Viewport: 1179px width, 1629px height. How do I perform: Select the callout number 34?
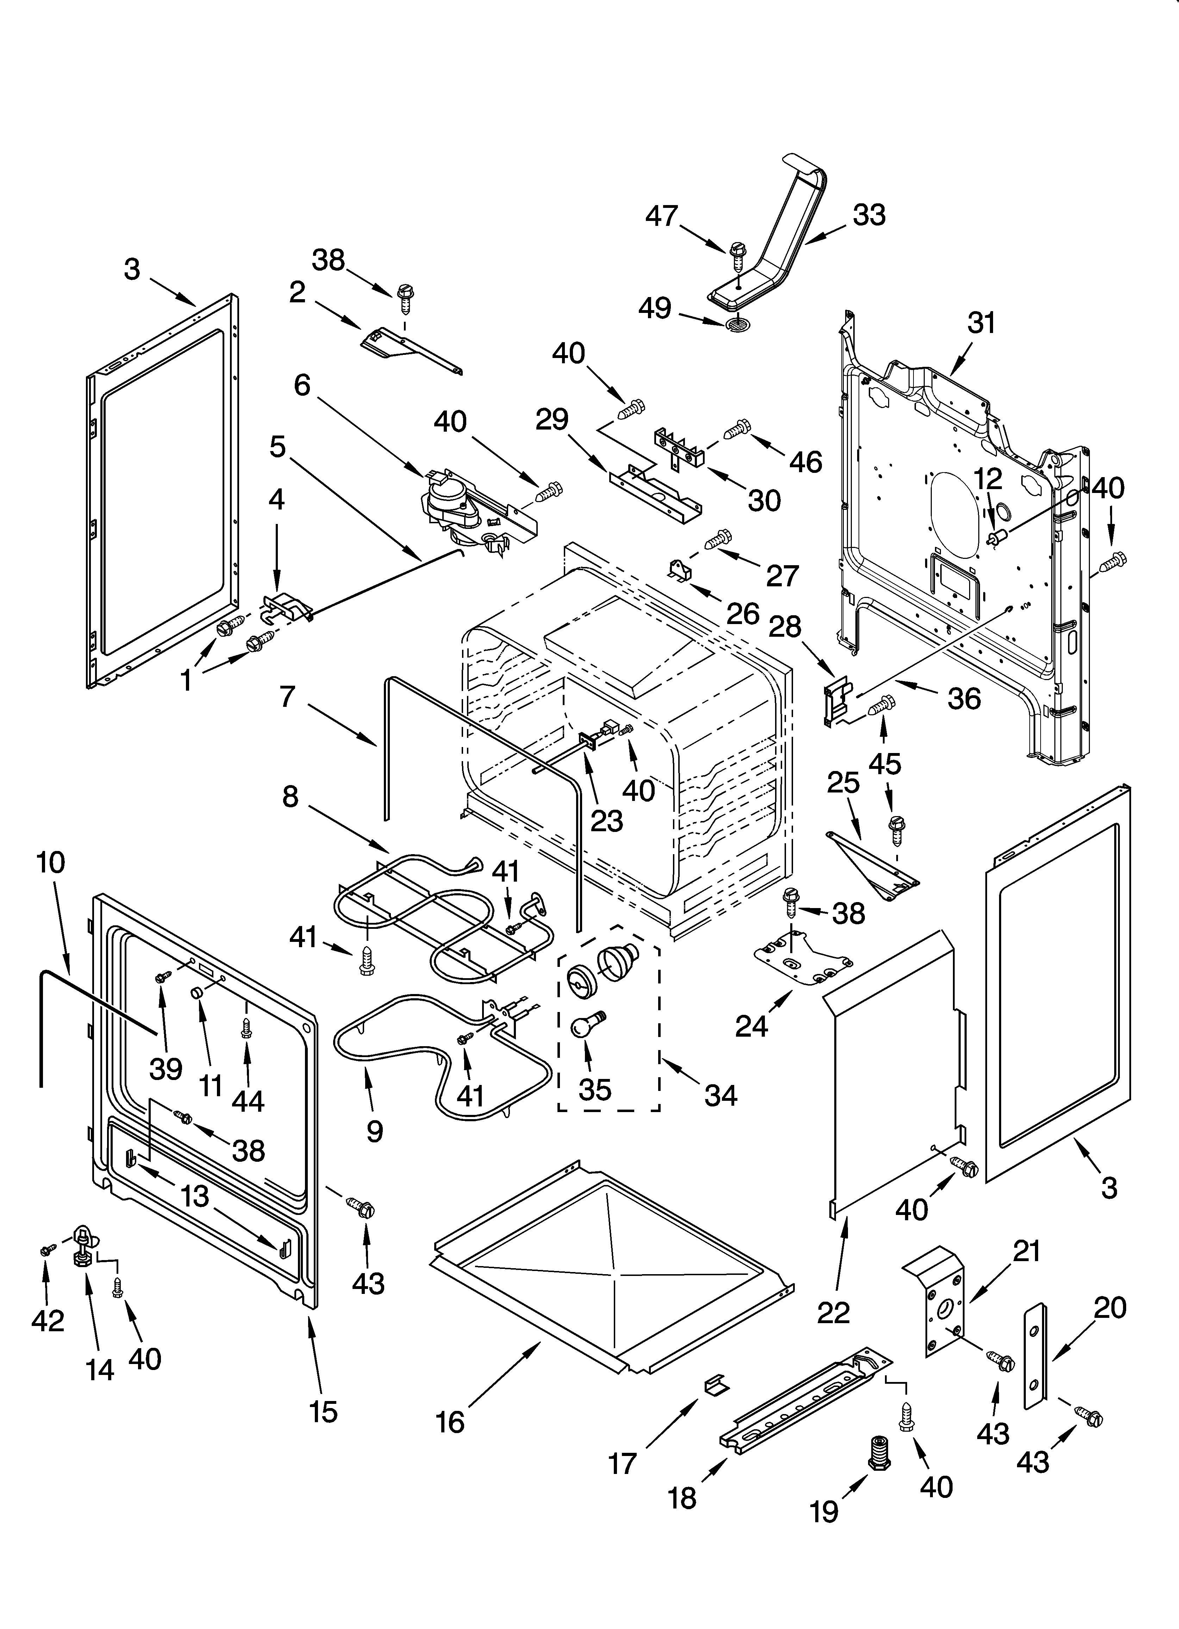720,1095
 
